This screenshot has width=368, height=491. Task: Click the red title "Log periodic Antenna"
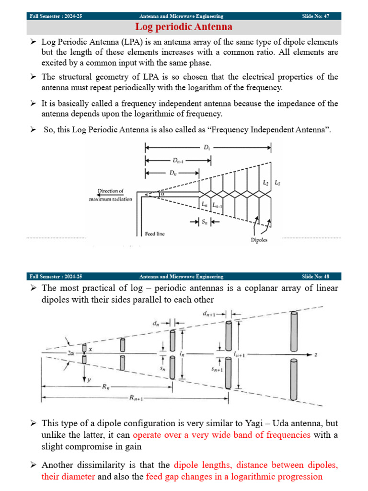184,27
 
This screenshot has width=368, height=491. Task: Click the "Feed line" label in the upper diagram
154,234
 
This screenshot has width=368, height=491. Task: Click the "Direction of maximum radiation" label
110,195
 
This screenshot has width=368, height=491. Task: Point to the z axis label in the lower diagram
316,355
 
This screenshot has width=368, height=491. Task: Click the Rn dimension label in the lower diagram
106,387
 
